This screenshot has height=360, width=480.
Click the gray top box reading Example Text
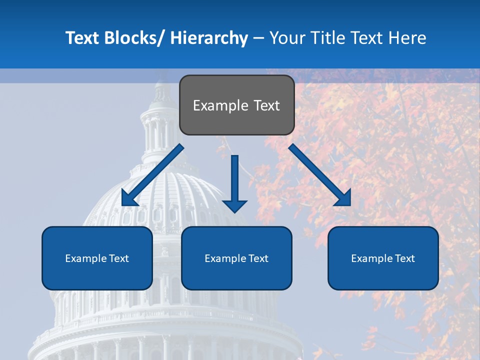click(x=236, y=105)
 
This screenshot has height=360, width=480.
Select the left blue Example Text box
click(x=97, y=258)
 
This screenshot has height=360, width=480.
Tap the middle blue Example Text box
click(x=236, y=258)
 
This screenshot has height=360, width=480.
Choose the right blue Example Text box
click(x=383, y=258)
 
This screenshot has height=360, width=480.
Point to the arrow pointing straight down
click(x=235, y=182)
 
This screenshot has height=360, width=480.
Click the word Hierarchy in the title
click(x=209, y=38)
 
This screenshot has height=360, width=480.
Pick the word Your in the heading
click(x=286, y=38)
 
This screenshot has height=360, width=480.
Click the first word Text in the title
click(x=82, y=38)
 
